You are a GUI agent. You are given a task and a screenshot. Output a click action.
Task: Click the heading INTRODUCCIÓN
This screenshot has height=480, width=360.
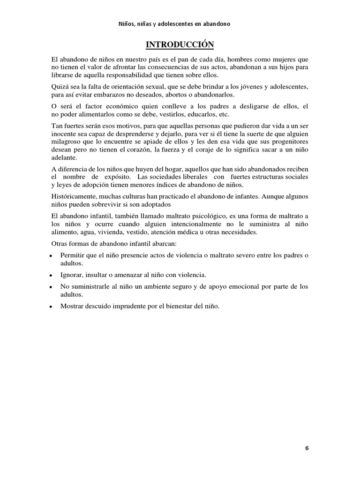pyautogui.click(x=180, y=45)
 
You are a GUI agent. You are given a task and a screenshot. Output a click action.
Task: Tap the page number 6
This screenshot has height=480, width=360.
pyautogui.click(x=307, y=448)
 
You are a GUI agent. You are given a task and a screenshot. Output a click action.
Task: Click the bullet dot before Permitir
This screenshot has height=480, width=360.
pyautogui.click(x=50, y=256)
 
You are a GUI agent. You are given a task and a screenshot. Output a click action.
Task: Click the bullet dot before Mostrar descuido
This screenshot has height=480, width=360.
pyautogui.click(x=50, y=307)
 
